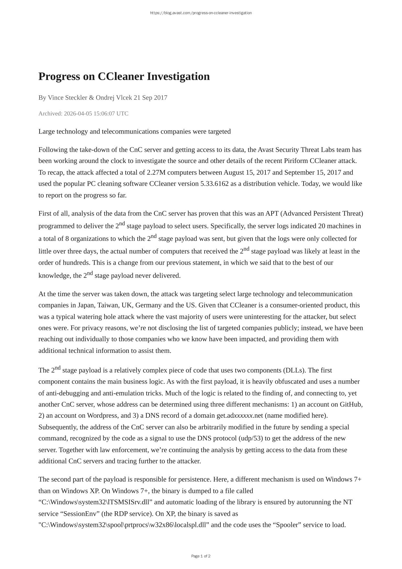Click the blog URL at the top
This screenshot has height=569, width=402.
tap(201, 13)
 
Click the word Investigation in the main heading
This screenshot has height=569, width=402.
tap(178, 76)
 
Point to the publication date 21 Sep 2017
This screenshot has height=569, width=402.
tap(151, 98)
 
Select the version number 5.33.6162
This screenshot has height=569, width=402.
tap(214, 184)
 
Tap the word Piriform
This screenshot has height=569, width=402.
tap(296, 161)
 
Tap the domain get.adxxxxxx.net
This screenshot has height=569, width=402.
tap(240, 416)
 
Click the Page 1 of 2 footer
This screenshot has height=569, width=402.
tap(201, 556)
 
